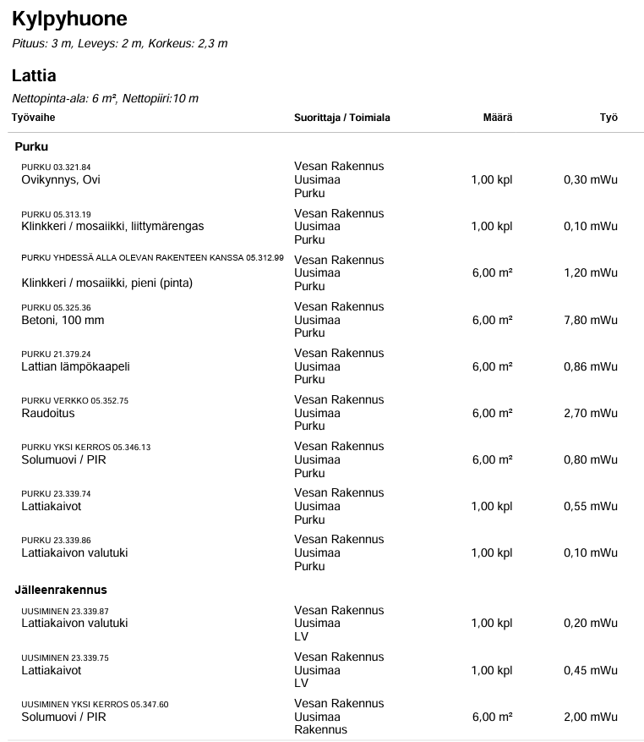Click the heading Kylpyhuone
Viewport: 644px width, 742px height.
tap(69, 19)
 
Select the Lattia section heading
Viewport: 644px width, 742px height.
tap(34, 75)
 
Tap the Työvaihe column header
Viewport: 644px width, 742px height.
tap(33, 118)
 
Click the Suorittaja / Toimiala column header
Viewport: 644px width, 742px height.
tap(341, 118)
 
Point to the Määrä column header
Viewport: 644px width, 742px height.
tap(497, 118)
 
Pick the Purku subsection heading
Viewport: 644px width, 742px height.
tap(31, 146)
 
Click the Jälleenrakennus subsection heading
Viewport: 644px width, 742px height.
tap(60, 590)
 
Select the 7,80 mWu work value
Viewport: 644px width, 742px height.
tap(590, 320)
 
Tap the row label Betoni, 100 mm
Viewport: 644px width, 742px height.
tap(63, 320)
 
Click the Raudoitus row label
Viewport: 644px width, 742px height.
tap(48, 413)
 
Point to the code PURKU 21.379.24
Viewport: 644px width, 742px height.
tap(56, 355)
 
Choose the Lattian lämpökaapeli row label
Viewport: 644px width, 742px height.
tap(75, 366)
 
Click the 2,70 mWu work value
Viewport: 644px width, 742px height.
tap(590, 413)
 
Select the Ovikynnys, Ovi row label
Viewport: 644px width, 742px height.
tap(61, 179)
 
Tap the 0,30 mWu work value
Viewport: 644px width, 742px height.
tap(590, 179)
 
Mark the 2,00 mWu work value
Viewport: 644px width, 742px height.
tap(590, 717)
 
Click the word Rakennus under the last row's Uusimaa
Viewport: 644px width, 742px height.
tap(320, 729)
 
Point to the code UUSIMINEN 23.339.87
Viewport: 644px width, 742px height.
tap(65, 611)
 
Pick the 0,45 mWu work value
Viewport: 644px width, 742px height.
tap(590, 670)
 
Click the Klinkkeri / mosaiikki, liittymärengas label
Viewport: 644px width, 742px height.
tap(112, 226)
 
